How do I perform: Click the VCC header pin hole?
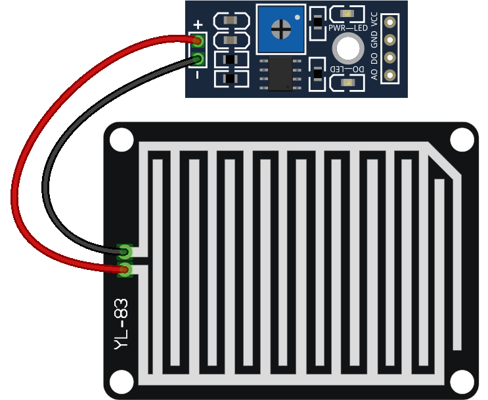(x=391, y=23)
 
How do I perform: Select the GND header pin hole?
(x=391, y=40)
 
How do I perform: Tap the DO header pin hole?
(x=391, y=57)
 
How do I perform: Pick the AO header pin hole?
(x=391, y=74)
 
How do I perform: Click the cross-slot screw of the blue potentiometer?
(x=281, y=28)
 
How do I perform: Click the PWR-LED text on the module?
(x=348, y=28)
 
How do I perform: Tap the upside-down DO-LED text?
(x=347, y=69)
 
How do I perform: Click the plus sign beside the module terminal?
(x=198, y=24)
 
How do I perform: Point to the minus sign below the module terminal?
(x=198, y=75)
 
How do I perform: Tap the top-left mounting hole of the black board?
(x=121, y=139)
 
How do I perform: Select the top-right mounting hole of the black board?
(x=462, y=139)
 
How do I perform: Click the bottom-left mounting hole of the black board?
(x=121, y=382)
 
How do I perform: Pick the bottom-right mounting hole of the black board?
(x=462, y=382)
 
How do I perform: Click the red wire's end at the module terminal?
(x=198, y=41)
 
